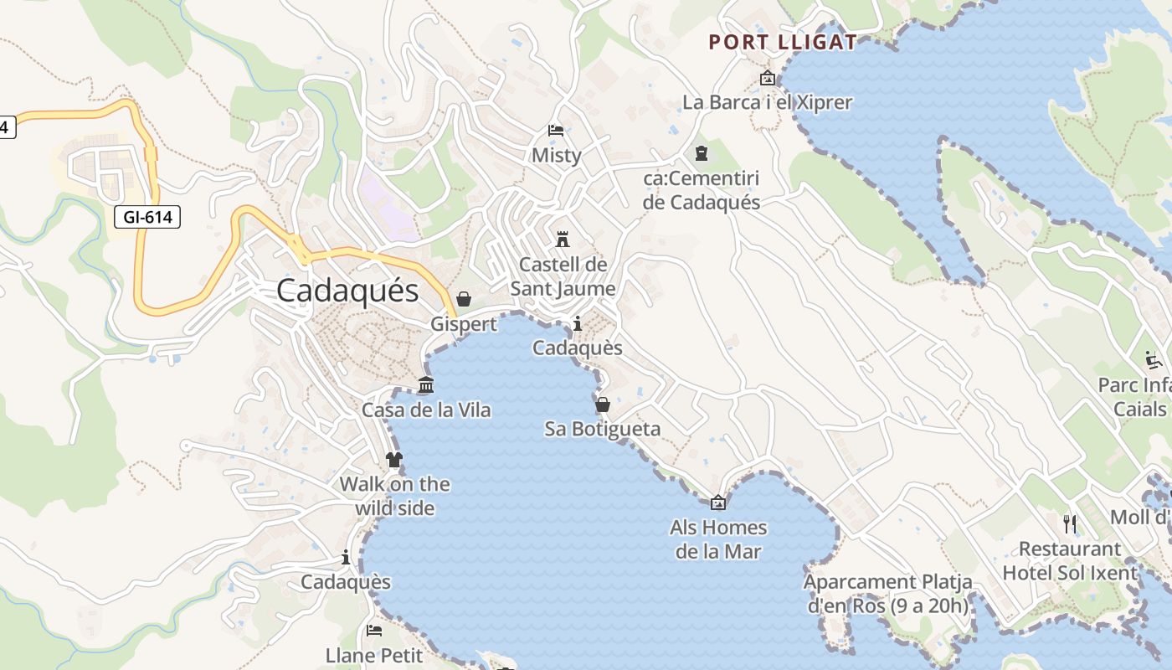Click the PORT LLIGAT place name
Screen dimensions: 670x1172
tap(783, 42)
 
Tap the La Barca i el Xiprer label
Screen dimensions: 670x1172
tap(767, 103)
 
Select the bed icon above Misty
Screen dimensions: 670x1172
tap(556, 130)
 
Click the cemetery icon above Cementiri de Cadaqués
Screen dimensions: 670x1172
tap(701, 153)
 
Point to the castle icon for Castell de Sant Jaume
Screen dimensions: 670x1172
tap(563, 239)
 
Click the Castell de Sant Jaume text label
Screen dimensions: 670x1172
tap(563, 276)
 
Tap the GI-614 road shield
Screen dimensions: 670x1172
tap(147, 218)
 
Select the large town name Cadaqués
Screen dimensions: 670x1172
tap(347, 291)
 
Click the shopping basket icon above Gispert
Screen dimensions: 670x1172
tap(464, 299)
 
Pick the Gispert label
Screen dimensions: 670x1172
tap(464, 324)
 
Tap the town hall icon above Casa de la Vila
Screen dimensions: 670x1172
tap(426, 385)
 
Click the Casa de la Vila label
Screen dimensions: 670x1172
tap(426, 410)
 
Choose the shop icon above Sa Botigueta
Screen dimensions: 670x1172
tap(602, 405)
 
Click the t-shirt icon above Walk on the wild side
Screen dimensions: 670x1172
tap(394, 459)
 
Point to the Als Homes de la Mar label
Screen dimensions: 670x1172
tap(718, 539)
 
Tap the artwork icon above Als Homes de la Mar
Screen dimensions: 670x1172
tap(717, 502)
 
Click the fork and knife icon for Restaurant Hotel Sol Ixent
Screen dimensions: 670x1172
tap(1070, 524)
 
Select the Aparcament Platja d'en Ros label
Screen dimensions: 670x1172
tap(888, 594)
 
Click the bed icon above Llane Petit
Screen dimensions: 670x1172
tap(374, 630)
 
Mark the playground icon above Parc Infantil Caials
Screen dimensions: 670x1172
tap(1154, 361)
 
